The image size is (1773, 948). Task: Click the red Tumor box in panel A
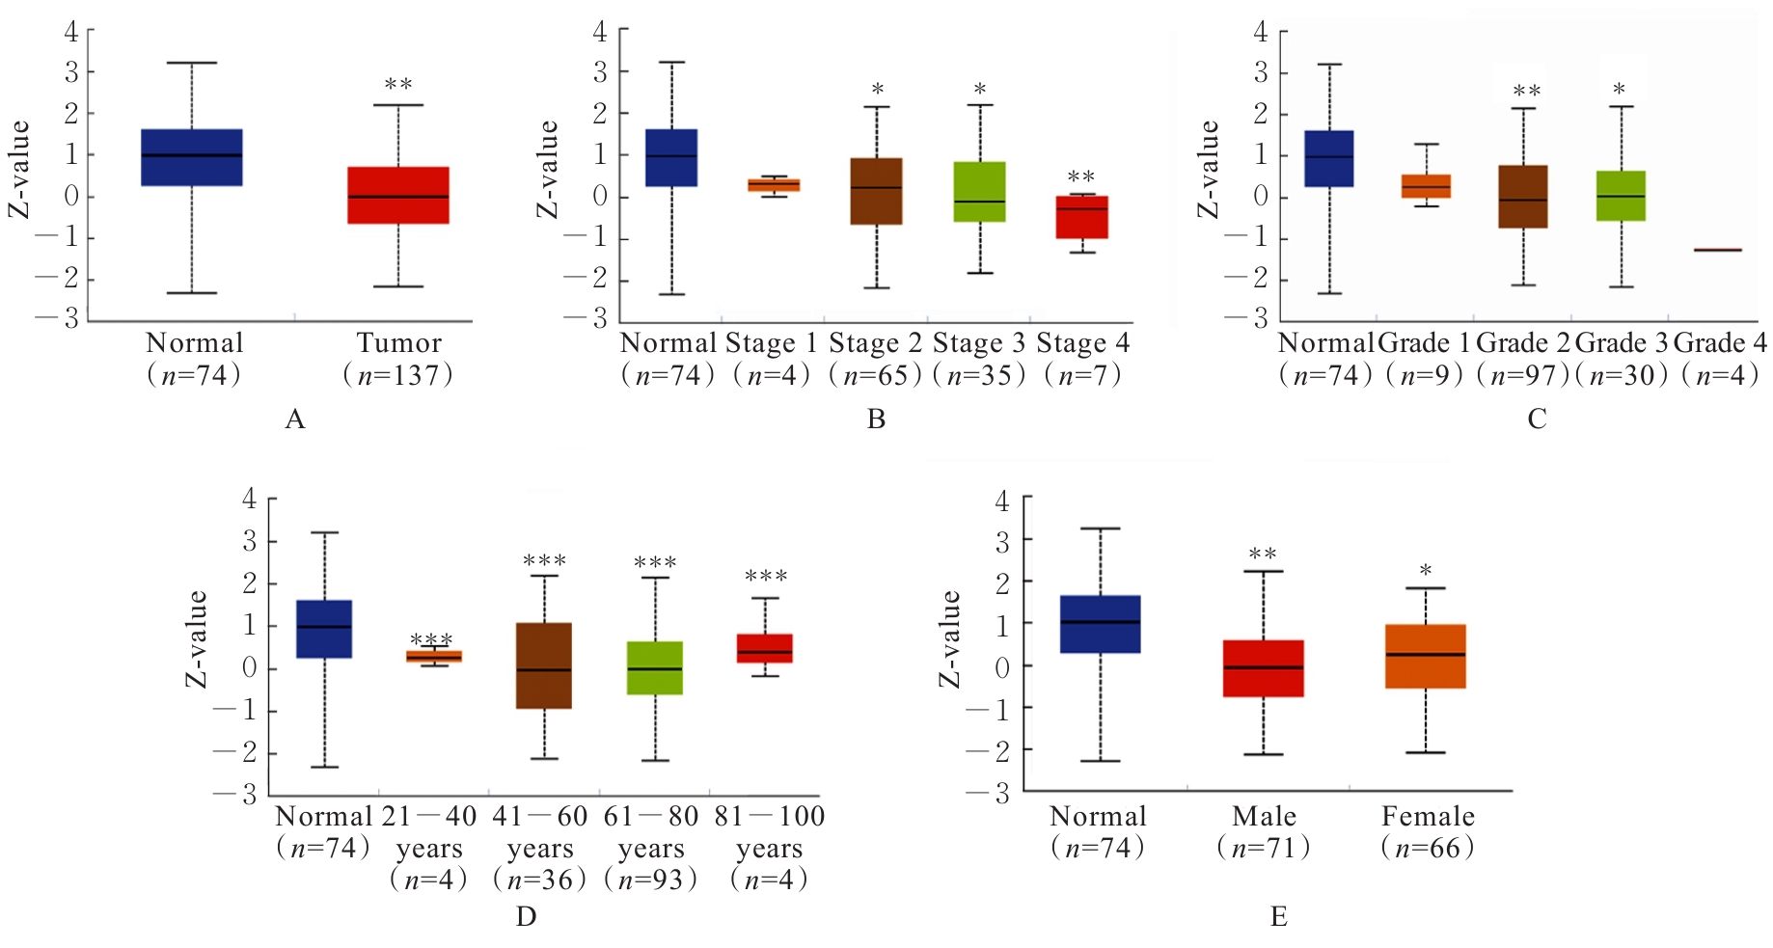click(397, 195)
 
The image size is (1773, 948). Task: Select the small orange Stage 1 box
click(774, 185)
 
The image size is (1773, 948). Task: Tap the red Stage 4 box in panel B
click(1081, 217)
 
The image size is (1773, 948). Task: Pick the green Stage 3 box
click(979, 192)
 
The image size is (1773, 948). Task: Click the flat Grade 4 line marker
click(1717, 250)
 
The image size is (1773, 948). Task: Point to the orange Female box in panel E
click(1425, 656)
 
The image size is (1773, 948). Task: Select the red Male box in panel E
click(1263, 668)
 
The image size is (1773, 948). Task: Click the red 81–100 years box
click(764, 648)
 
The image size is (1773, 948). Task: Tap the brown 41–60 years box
click(544, 665)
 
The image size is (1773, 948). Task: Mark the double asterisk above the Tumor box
click(398, 86)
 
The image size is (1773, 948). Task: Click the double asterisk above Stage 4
click(1080, 178)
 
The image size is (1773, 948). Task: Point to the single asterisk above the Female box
click(1425, 571)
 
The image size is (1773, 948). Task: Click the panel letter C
click(1537, 420)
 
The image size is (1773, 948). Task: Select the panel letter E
click(1278, 916)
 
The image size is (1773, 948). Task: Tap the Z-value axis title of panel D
click(196, 638)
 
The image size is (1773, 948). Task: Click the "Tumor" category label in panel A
click(398, 343)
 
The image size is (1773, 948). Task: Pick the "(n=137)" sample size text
click(397, 375)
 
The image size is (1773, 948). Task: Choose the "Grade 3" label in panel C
click(1621, 343)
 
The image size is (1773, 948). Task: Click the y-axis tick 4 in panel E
click(1001, 501)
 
